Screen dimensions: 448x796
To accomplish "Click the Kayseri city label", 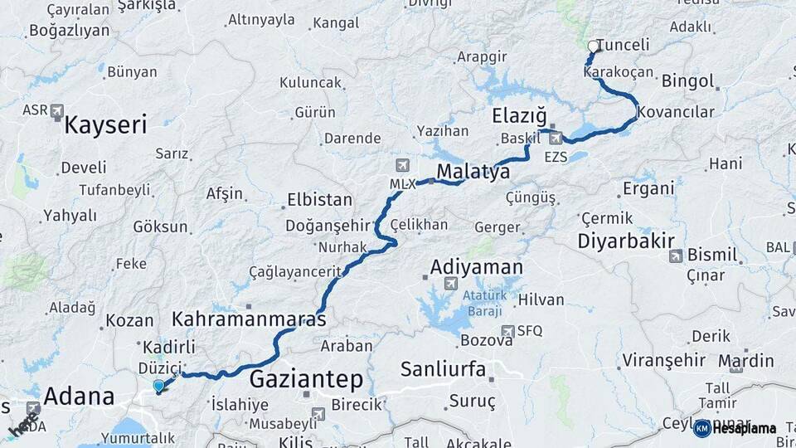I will tap(105, 125).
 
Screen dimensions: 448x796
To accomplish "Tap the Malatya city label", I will tap(473, 172).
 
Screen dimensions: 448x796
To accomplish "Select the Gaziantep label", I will tap(306, 380).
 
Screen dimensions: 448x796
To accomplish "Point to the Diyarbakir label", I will tap(623, 241).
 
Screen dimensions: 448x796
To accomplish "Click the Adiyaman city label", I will tap(476, 267).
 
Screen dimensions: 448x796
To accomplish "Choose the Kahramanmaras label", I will tap(249, 318).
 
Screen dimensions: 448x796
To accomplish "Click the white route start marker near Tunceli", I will tap(592, 46).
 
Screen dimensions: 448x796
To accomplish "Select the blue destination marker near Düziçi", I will tap(159, 386).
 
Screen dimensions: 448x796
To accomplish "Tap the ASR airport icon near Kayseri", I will tap(56, 110).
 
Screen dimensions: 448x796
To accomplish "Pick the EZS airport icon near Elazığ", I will tap(555, 139).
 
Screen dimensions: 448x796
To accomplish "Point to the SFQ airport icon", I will tap(508, 330).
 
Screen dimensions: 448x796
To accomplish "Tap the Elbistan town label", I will tap(319, 200).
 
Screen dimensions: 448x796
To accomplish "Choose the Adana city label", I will tap(78, 397).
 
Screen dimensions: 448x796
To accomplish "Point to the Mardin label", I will tap(745, 361).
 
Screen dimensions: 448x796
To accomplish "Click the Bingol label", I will tap(687, 81).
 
